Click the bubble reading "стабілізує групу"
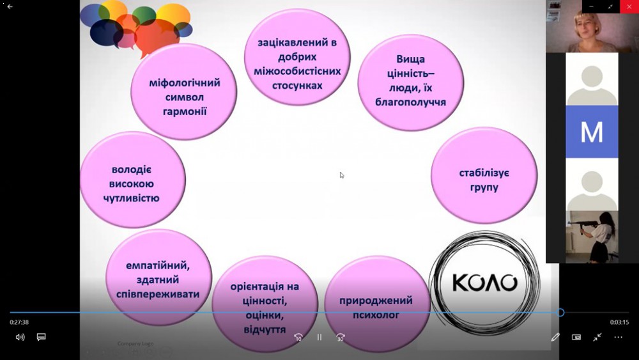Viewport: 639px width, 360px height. (x=484, y=176)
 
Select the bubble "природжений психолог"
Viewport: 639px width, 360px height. (x=376, y=304)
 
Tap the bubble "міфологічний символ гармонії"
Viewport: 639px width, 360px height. (x=184, y=92)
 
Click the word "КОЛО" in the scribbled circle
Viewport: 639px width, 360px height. (x=484, y=283)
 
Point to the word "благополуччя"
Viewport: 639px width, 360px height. (x=410, y=102)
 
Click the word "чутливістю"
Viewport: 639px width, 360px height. (x=131, y=198)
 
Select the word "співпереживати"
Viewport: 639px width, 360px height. (x=158, y=294)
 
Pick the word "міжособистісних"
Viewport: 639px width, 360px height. (x=297, y=72)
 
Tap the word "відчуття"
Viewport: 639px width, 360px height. (x=265, y=329)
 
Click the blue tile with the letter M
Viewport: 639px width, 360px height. (x=592, y=132)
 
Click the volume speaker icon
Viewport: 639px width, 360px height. (x=20, y=337)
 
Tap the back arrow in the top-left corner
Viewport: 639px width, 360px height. (x=10, y=6)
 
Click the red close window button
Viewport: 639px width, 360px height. (x=629, y=6)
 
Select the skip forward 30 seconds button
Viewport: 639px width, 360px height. (x=341, y=337)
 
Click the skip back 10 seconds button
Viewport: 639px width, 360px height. (x=298, y=337)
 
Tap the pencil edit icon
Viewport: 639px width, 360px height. (x=555, y=337)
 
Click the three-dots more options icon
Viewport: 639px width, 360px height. (x=618, y=337)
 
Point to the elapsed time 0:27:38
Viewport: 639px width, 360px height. (x=19, y=322)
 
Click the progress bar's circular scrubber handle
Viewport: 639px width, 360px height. (x=561, y=313)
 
